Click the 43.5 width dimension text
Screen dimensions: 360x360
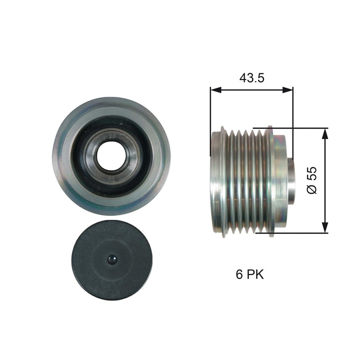[251, 78]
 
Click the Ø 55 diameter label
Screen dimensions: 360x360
[312, 180]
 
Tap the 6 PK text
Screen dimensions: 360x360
[250, 274]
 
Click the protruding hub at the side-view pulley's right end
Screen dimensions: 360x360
[290, 180]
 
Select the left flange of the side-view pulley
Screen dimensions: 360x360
[218, 180]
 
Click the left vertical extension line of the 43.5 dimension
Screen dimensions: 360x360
[210, 112]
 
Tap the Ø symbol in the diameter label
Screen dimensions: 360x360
[312, 189]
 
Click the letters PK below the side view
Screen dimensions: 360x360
[255, 274]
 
